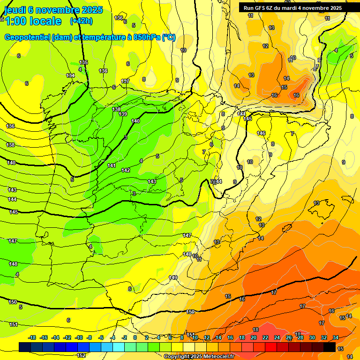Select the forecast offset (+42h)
[81, 21]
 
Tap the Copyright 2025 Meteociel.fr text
[199, 357]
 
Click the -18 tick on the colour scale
[32, 337]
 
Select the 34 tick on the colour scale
[336, 337]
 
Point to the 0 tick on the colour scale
[135, 337]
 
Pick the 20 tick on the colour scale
[254, 337]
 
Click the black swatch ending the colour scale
[330, 347]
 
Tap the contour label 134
[70, 75]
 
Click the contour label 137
[125, 81]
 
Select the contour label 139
[123, 114]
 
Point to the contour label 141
[112, 165]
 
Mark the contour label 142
[126, 170]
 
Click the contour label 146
[261, 133]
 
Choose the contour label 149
[173, 277]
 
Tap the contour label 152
[81, 355]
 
